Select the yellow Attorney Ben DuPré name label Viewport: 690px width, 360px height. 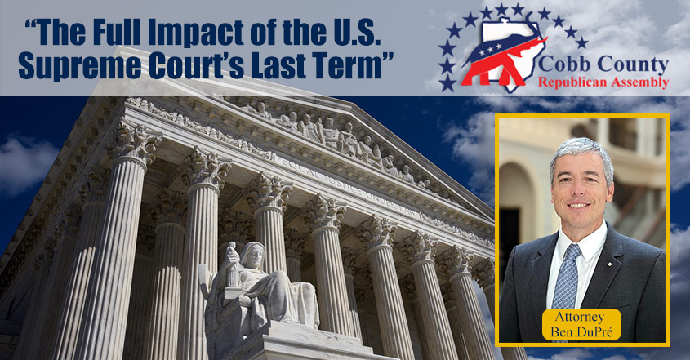click(582, 325)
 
